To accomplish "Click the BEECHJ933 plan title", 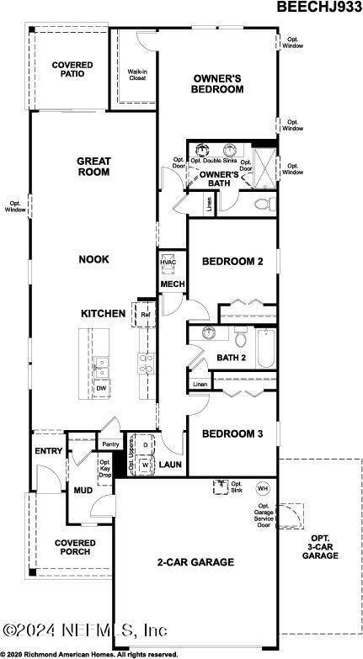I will [x=320, y=8].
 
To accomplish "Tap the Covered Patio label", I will [x=72, y=70].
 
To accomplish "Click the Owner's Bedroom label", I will [x=216, y=83].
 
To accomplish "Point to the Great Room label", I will [x=93, y=166].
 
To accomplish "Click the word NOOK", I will [x=93, y=259].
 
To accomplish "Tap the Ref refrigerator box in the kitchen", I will [x=145, y=315].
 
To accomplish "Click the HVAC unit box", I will [x=168, y=263].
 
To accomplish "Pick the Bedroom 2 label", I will [x=232, y=262].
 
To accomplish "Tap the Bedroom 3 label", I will [x=232, y=433].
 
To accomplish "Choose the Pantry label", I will [x=110, y=444].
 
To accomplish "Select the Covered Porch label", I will [x=75, y=548].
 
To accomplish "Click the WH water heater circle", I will [x=261, y=488].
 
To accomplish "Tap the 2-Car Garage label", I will [x=195, y=561].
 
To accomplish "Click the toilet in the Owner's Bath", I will [x=262, y=204].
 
